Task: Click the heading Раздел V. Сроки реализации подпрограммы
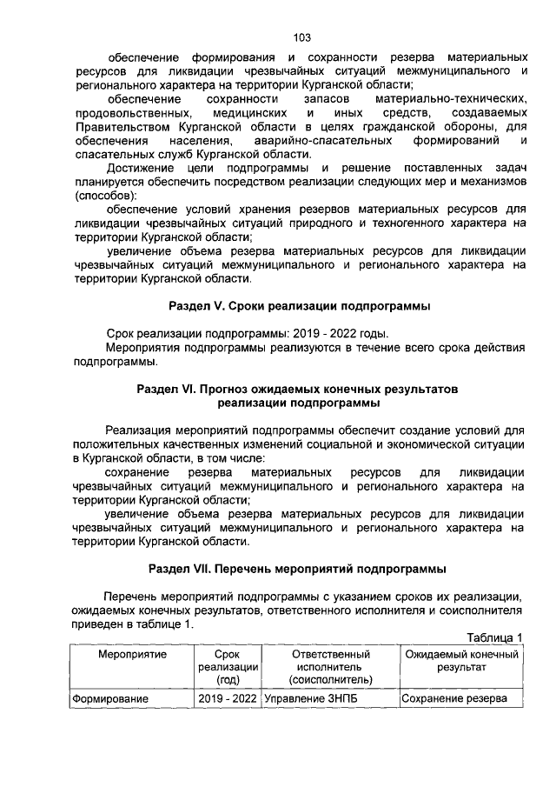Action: click(x=300, y=307)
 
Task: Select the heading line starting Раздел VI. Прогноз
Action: click(x=297, y=390)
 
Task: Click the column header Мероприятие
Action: click(x=132, y=654)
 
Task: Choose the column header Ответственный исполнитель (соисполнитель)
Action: click(x=330, y=667)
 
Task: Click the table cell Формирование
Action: click(x=110, y=699)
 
